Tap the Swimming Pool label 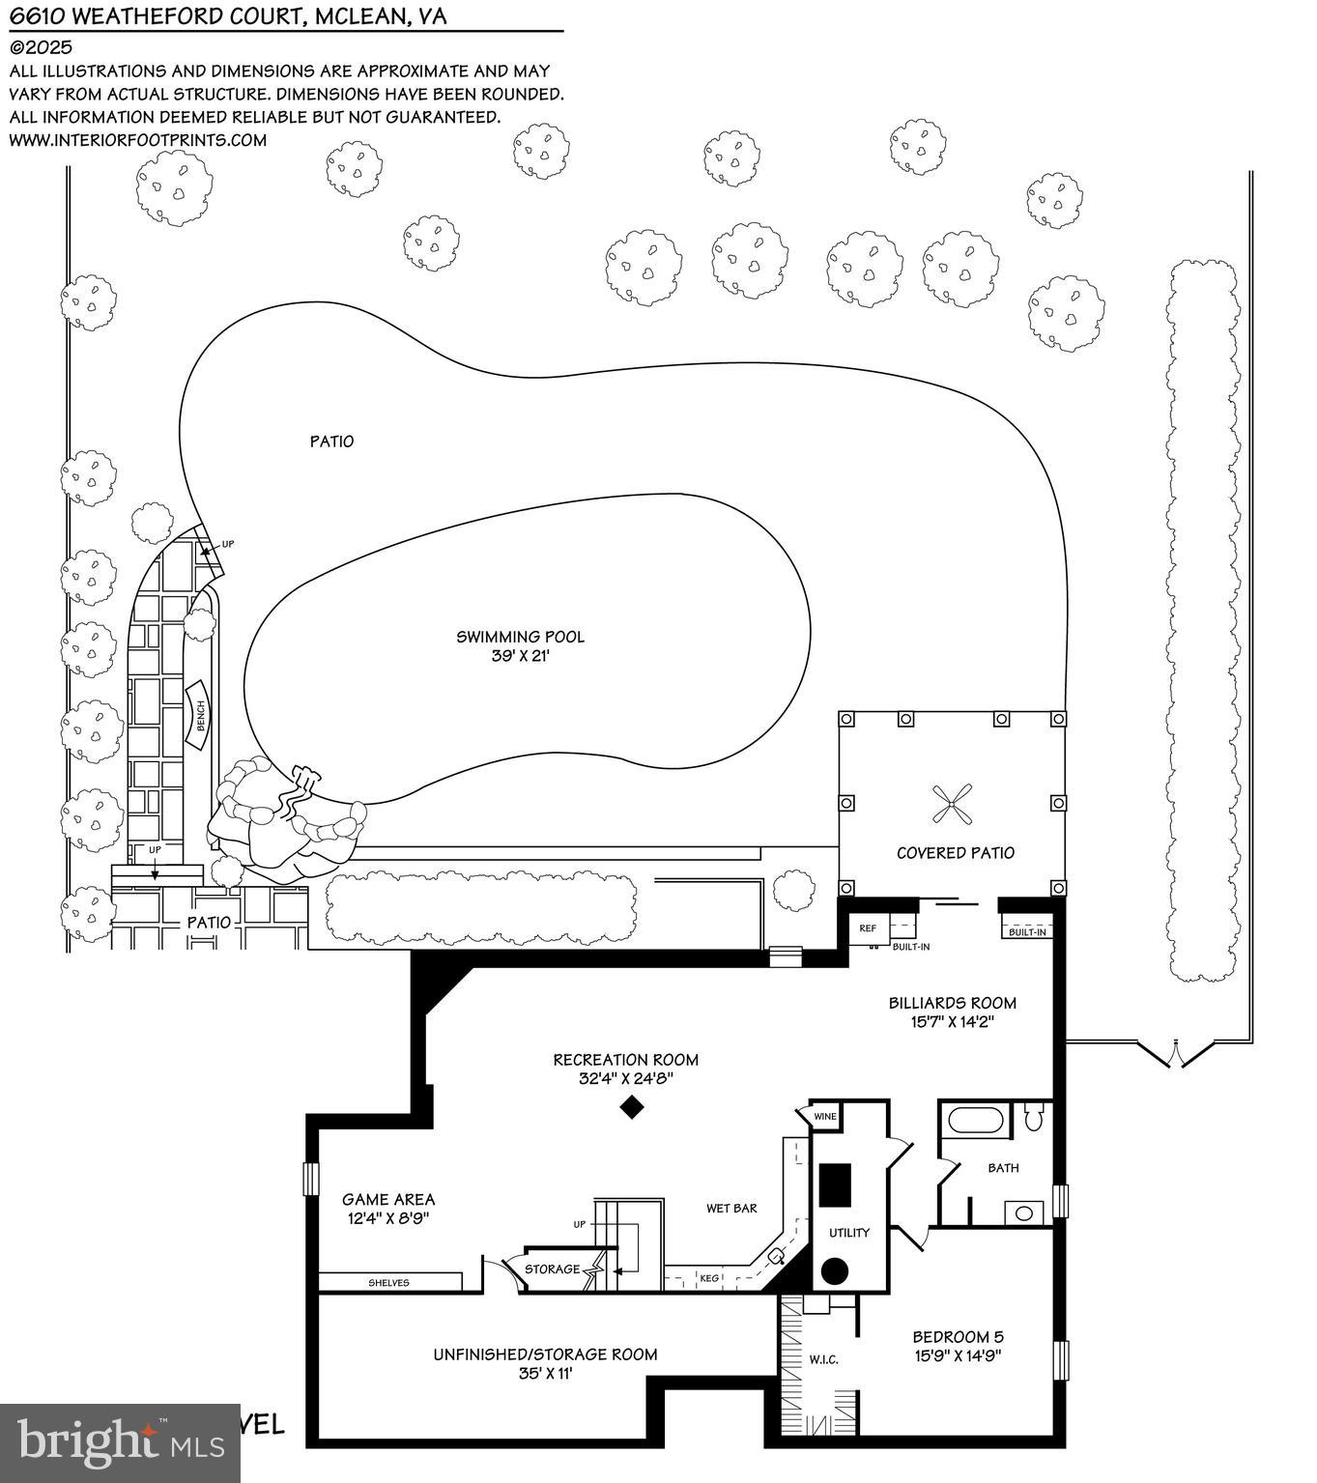(x=520, y=637)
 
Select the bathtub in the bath (x=976, y=1121)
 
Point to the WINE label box (x=825, y=1117)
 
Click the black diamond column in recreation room (x=631, y=1107)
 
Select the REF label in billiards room (x=868, y=928)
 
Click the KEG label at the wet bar (x=709, y=1278)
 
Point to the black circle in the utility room (x=835, y=1271)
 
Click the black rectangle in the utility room (x=835, y=1184)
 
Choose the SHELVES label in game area (x=388, y=1283)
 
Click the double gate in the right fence (x=1173, y=1053)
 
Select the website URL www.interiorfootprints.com (x=137, y=140)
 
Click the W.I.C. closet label (x=823, y=1359)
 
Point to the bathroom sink (x=1024, y=1212)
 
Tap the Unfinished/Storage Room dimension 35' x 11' (x=545, y=1373)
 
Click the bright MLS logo (x=120, y=1443)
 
